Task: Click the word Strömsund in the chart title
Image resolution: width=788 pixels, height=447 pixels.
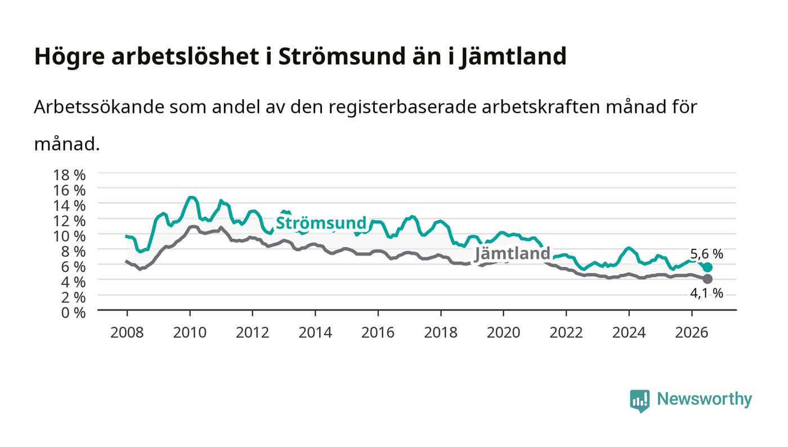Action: pyautogui.click(x=342, y=56)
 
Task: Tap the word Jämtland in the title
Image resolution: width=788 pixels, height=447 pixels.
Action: pyautogui.click(x=513, y=57)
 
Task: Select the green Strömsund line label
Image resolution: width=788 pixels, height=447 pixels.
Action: pyautogui.click(x=321, y=223)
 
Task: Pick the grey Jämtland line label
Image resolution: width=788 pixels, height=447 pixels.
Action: pyautogui.click(x=513, y=253)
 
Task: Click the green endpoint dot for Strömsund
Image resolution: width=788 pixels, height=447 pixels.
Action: pyautogui.click(x=708, y=267)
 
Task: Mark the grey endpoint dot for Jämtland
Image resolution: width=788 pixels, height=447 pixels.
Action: pyautogui.click(x=708, y=279)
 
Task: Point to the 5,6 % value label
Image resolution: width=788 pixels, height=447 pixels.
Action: pyautogui.click(x=706, y=253)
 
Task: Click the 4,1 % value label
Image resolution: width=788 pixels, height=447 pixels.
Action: pyautogui.click(x=706, y=293)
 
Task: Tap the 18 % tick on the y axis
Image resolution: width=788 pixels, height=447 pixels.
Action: pyautogui.click(x=69, y=175)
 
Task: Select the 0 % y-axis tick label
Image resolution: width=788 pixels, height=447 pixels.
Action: pyautogui.click(x=74, y=312)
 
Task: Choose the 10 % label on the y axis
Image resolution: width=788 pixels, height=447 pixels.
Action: pyautogui.click(x=69, y=236)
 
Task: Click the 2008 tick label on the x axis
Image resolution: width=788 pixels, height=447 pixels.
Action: pyautogui.click(x=127, y=333)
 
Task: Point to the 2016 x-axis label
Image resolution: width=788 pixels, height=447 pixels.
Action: pyautogui.click(x=378, y=333)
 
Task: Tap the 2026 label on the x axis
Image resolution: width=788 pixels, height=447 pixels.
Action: pyautogui.click(x=692, y=333)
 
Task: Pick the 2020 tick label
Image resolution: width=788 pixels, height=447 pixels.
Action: pyautogui.click(x=503, y=333)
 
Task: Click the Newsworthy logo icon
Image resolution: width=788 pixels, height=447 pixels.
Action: pyautogui.click(x=640, y=400)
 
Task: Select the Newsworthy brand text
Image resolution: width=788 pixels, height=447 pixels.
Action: pyautogui.click(x=705, y=399)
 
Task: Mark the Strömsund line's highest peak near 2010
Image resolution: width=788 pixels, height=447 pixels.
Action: pyautogui.click(x=190, y=198)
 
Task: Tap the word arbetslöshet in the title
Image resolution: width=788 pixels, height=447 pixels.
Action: pyautogui.click(x=185, y=56)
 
